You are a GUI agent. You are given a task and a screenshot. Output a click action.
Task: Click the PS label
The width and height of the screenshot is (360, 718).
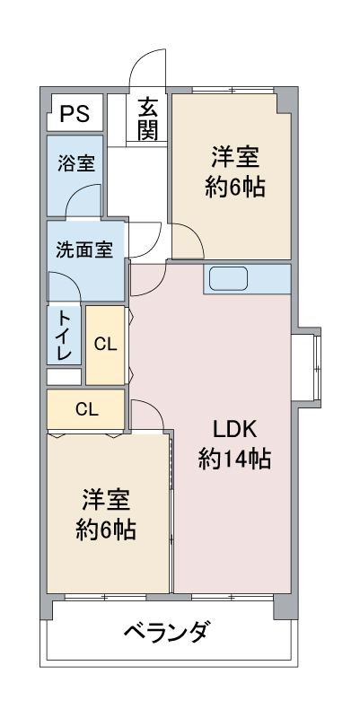pos(75,113)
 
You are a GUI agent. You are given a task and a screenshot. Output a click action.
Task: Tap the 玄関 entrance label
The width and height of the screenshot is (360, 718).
pos(147,119)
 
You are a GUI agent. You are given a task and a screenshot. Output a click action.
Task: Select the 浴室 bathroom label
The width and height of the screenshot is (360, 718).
pos(76,163)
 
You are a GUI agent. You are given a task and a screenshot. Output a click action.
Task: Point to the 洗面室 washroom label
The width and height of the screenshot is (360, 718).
pos(84,250)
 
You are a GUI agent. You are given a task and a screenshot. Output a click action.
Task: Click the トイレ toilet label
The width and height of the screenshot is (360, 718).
pos(64,335)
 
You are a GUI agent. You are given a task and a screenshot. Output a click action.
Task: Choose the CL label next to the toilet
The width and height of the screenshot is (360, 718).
pos(106,345)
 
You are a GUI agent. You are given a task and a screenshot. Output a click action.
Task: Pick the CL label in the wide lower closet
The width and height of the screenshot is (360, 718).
pos(87,409)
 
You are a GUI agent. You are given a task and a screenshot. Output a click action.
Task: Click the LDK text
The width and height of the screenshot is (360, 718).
pos(234,430)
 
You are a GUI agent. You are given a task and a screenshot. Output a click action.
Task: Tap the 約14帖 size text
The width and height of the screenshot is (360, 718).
pos(234,459)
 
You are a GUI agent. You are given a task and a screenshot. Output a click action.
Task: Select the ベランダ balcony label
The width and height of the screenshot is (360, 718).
pos(169,633)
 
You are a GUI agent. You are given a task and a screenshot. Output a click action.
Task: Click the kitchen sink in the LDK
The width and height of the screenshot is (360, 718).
pos(229,279)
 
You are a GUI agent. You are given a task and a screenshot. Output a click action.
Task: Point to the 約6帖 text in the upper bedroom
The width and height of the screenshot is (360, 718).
pos(235,187)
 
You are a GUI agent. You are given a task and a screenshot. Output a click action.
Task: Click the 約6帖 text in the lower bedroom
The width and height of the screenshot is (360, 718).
pos(106,530)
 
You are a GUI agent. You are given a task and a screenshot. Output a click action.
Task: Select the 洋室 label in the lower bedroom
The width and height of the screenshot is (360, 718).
pos(106,501)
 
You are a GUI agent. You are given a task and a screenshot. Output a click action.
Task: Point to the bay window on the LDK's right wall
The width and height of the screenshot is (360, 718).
pos(306,367)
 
